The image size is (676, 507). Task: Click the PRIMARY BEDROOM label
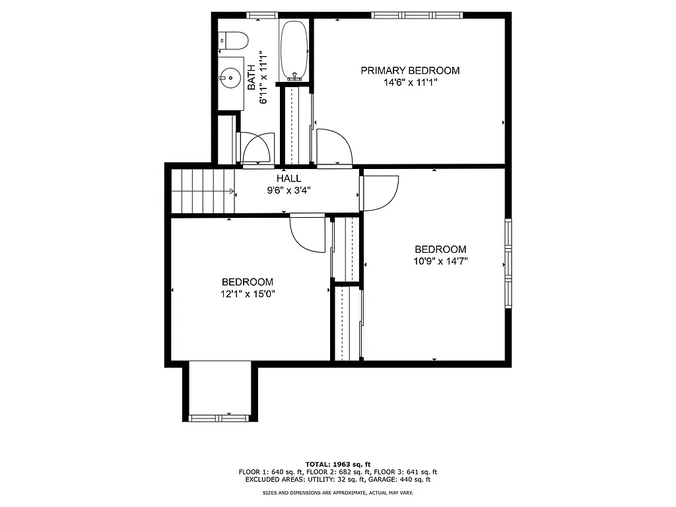click(409, 71)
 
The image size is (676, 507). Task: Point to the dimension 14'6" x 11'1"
click(409, 83)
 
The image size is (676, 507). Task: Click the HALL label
click(288, 178)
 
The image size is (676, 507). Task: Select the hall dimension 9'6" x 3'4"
click(288, 190)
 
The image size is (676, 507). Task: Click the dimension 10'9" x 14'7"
click(440, 261)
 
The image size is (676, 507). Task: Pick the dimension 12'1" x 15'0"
click(248, 294)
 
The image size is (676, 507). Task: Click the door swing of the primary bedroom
click(333, 147)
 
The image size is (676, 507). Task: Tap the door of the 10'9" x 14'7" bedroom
click(379, 193)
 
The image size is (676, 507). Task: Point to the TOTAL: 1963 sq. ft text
click(337, 464)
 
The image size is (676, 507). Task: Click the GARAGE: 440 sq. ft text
click(403, 480)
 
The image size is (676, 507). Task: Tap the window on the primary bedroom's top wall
click(416, 15)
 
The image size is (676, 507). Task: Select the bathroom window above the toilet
click(261, 15)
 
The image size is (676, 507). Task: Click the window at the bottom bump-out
click(218, 417)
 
